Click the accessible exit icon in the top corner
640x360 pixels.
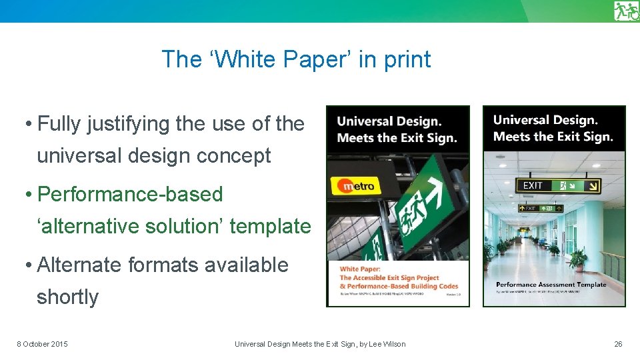626,11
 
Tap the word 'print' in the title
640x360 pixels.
406,59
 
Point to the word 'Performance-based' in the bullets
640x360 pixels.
131,194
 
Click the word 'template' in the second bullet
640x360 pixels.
270,226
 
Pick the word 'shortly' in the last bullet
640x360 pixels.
67,297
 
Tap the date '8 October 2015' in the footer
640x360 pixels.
42,344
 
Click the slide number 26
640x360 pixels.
618,344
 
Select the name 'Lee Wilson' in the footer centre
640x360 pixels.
385,344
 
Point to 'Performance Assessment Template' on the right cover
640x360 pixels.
551,284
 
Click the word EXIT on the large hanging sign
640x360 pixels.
533,185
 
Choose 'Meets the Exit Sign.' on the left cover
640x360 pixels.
397,138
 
